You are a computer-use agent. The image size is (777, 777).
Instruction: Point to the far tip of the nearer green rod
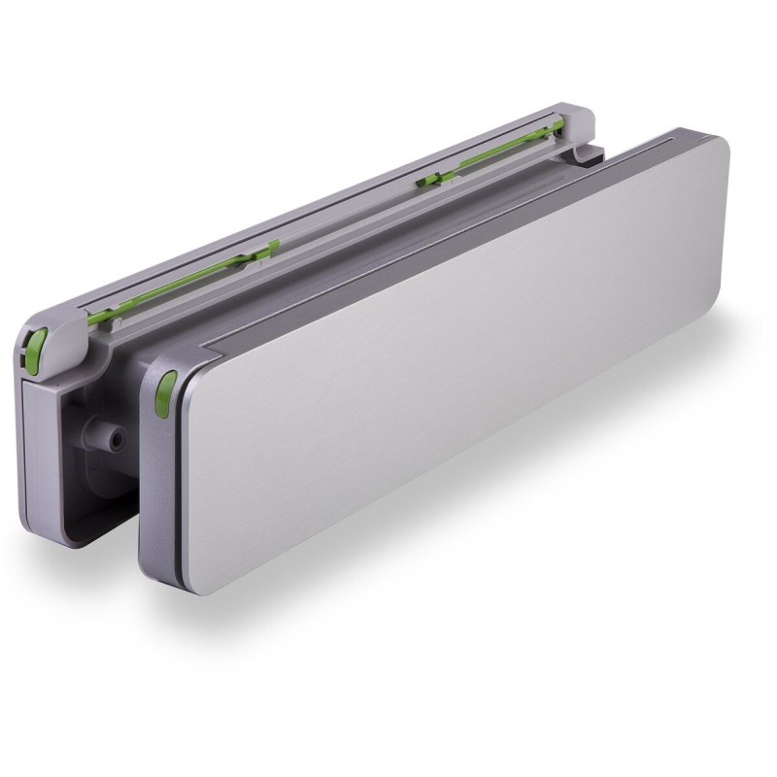276,243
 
